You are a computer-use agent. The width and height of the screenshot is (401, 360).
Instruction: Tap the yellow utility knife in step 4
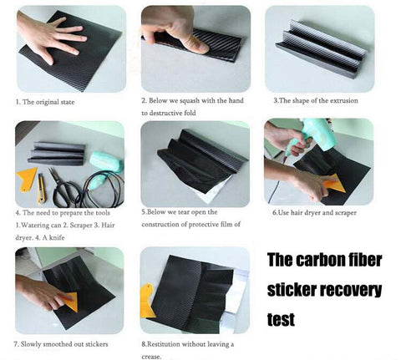point(41,189)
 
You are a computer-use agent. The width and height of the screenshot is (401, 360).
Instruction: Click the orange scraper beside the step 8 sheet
point(147,302)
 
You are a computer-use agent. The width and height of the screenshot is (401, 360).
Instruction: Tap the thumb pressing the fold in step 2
point(195,44)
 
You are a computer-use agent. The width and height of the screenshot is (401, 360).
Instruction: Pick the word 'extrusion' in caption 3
point(344,100)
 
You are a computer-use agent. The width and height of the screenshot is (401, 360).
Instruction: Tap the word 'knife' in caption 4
point(57,237)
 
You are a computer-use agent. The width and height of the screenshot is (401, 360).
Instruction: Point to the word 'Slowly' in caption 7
point(31,344)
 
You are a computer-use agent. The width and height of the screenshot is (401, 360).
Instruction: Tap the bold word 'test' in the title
point(281,319)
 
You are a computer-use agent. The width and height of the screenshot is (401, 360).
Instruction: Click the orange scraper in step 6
point(336,183)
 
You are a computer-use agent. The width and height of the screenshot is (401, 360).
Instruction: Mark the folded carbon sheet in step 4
point(57,153)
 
